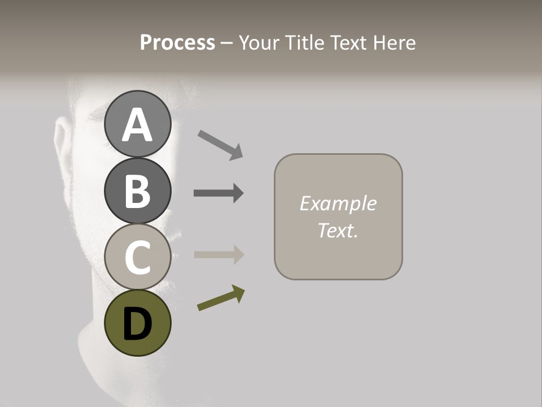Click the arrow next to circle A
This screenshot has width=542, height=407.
[221, 145]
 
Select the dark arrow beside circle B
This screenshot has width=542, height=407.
[218, 193]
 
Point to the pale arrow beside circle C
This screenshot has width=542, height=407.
[218, 254]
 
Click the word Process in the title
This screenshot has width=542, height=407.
[177, 43]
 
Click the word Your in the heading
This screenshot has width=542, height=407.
[259, 43]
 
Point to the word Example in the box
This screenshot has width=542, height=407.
[338, 203]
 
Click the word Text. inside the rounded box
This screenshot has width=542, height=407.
[338, 230]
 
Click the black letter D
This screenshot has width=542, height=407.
[137, 324]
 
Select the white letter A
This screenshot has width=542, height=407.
[137, 124]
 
